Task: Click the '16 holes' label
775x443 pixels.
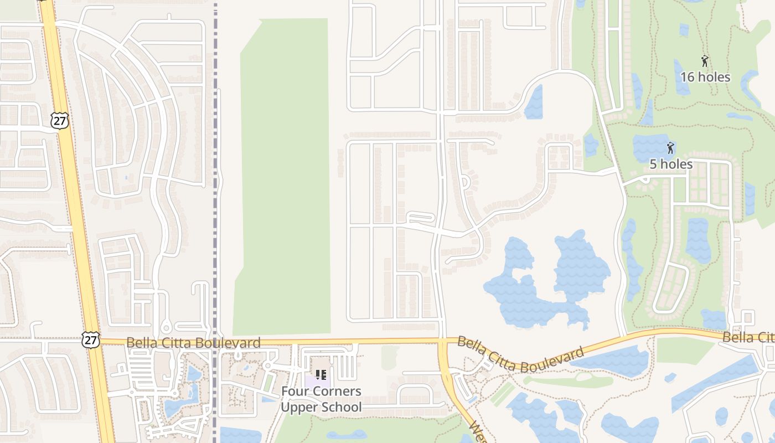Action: tap(705, 77)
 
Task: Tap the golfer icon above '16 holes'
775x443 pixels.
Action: tap(705, 61)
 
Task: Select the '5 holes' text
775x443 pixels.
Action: tap(670, 164)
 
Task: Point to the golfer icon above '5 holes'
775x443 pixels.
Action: tap(670, 148)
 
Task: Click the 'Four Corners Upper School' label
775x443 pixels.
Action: tap(321, 399)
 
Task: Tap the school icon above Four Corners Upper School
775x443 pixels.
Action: tap(321, 375)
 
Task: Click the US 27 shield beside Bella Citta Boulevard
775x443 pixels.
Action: tap(90, 339)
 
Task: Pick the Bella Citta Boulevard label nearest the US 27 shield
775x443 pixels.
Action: tap(193, 343)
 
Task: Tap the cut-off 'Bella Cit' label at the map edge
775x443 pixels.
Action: tap(748, 337)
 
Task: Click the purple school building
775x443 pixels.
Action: tap(317, 382)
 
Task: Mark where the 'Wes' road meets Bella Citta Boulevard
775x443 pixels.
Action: tap(443, 341)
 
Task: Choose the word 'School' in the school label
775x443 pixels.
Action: tap(342, 408)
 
